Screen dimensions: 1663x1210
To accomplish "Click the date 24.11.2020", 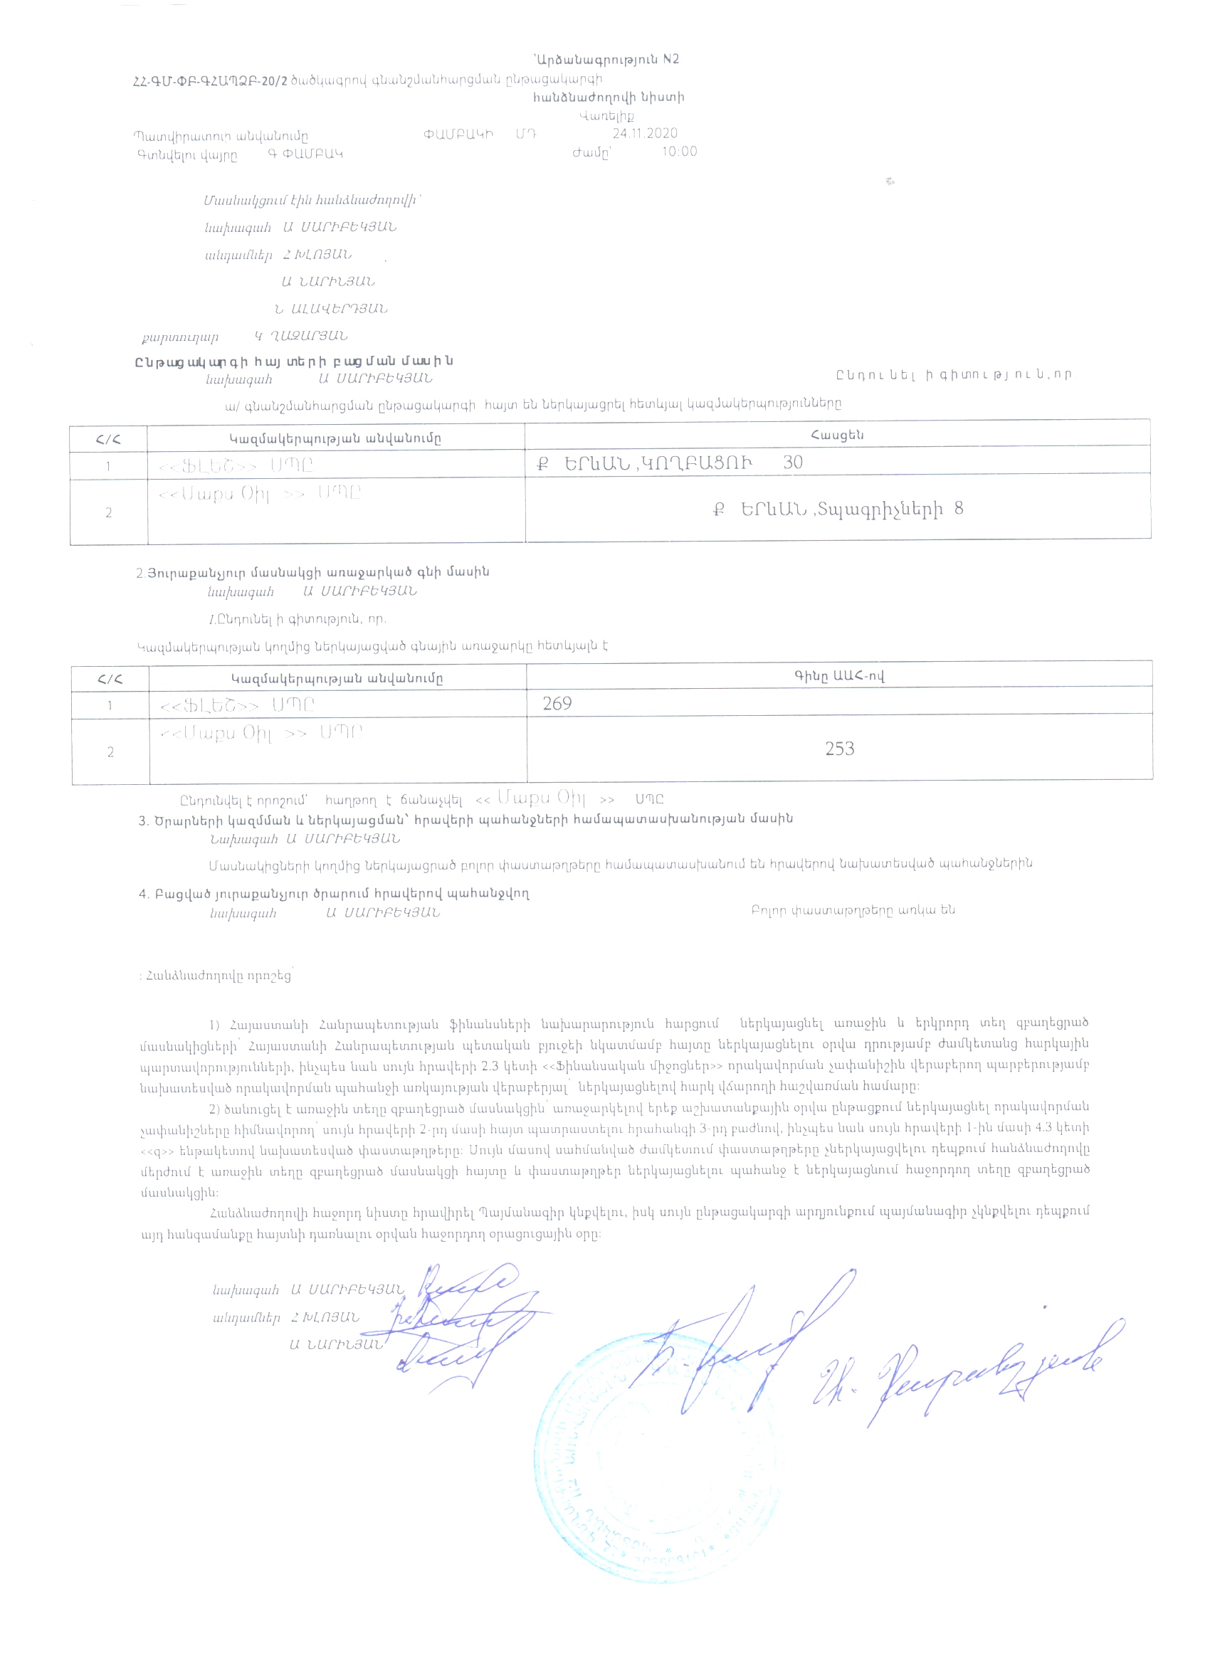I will click(645, 134).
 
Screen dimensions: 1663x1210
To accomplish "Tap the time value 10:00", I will click(679, 152).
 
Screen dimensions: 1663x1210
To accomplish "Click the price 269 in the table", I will click(557, 704).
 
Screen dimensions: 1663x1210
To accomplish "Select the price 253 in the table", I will click(839, 749).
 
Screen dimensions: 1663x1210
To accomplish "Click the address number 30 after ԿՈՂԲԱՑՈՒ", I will click(793, 463).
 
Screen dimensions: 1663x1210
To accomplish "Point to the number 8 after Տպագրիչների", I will click(959, 509).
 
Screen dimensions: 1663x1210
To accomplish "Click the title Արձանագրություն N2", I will click(607, 59).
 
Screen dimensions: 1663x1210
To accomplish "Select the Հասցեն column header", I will click(837, 435).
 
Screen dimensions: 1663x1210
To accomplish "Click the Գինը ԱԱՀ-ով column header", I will click(839, 676).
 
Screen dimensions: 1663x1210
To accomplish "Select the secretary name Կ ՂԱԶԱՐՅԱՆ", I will click(300, 337).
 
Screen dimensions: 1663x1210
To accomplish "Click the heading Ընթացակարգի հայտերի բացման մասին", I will click(294, 361).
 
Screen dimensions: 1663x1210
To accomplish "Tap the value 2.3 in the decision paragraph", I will click(490, 1064).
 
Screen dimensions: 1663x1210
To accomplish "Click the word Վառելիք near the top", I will click(606, 116).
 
